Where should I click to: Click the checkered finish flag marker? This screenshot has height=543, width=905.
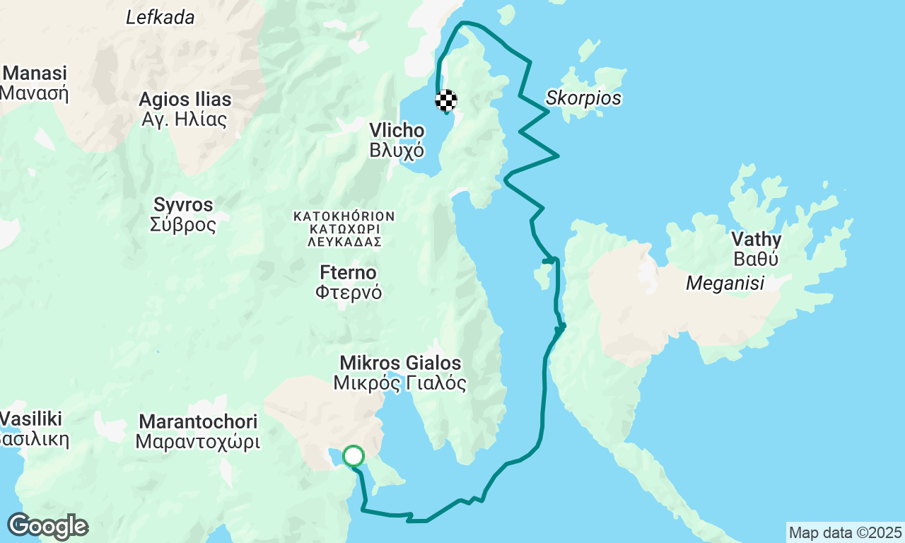[446, 101]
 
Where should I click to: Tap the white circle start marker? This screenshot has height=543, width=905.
[354, 456]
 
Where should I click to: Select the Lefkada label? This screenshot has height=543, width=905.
[160, 18]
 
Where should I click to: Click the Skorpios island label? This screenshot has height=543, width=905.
[583, 98]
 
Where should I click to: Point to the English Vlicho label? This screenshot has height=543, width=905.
[397, 131]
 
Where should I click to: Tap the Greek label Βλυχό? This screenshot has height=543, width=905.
[397, 150]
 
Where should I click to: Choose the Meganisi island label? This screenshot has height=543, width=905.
[725, 284]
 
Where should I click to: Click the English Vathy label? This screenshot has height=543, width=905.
[756, 239]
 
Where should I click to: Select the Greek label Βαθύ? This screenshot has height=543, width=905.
[756, 259]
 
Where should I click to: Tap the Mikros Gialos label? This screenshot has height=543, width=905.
[400, 363]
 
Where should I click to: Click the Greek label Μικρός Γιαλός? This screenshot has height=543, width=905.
[400, 383]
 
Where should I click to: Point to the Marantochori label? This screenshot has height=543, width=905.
[198, 422]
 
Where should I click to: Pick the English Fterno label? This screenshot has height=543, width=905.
[348, 273]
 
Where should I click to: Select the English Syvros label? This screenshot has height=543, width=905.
[183, 205]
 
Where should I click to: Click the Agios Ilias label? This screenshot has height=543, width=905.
[185, 99]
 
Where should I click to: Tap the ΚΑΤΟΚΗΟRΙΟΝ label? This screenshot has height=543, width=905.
[344, 216]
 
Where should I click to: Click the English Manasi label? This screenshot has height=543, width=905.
[35, 74]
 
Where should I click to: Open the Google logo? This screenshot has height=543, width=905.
[47, 527]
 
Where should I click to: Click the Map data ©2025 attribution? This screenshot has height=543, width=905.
[845, 532]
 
